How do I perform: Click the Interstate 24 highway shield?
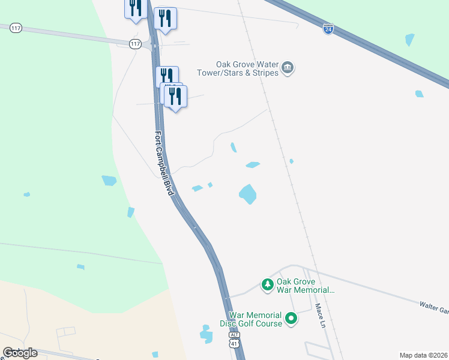click(x=328, y=29)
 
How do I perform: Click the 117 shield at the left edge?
click(x=16, y=28)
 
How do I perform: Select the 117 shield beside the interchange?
click(x=135, y=44)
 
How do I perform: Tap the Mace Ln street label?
click(x=320, y=315)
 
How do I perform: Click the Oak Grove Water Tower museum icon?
click(x=288, y=68)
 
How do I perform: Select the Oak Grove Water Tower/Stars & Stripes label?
click(x=238, y=68)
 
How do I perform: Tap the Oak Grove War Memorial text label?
click(x=305, y=284)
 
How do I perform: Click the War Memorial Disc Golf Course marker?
click(x=291, y=318)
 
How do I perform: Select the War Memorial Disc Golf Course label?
click(x=255, y=319)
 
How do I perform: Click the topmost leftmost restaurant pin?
click(x=135, y=8)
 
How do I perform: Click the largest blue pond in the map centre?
click(x=247, y=194)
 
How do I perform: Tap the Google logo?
click(x=20, y=353)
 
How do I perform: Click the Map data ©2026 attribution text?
click(x=423, y=355)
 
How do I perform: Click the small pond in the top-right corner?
click(x=410, y=40)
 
